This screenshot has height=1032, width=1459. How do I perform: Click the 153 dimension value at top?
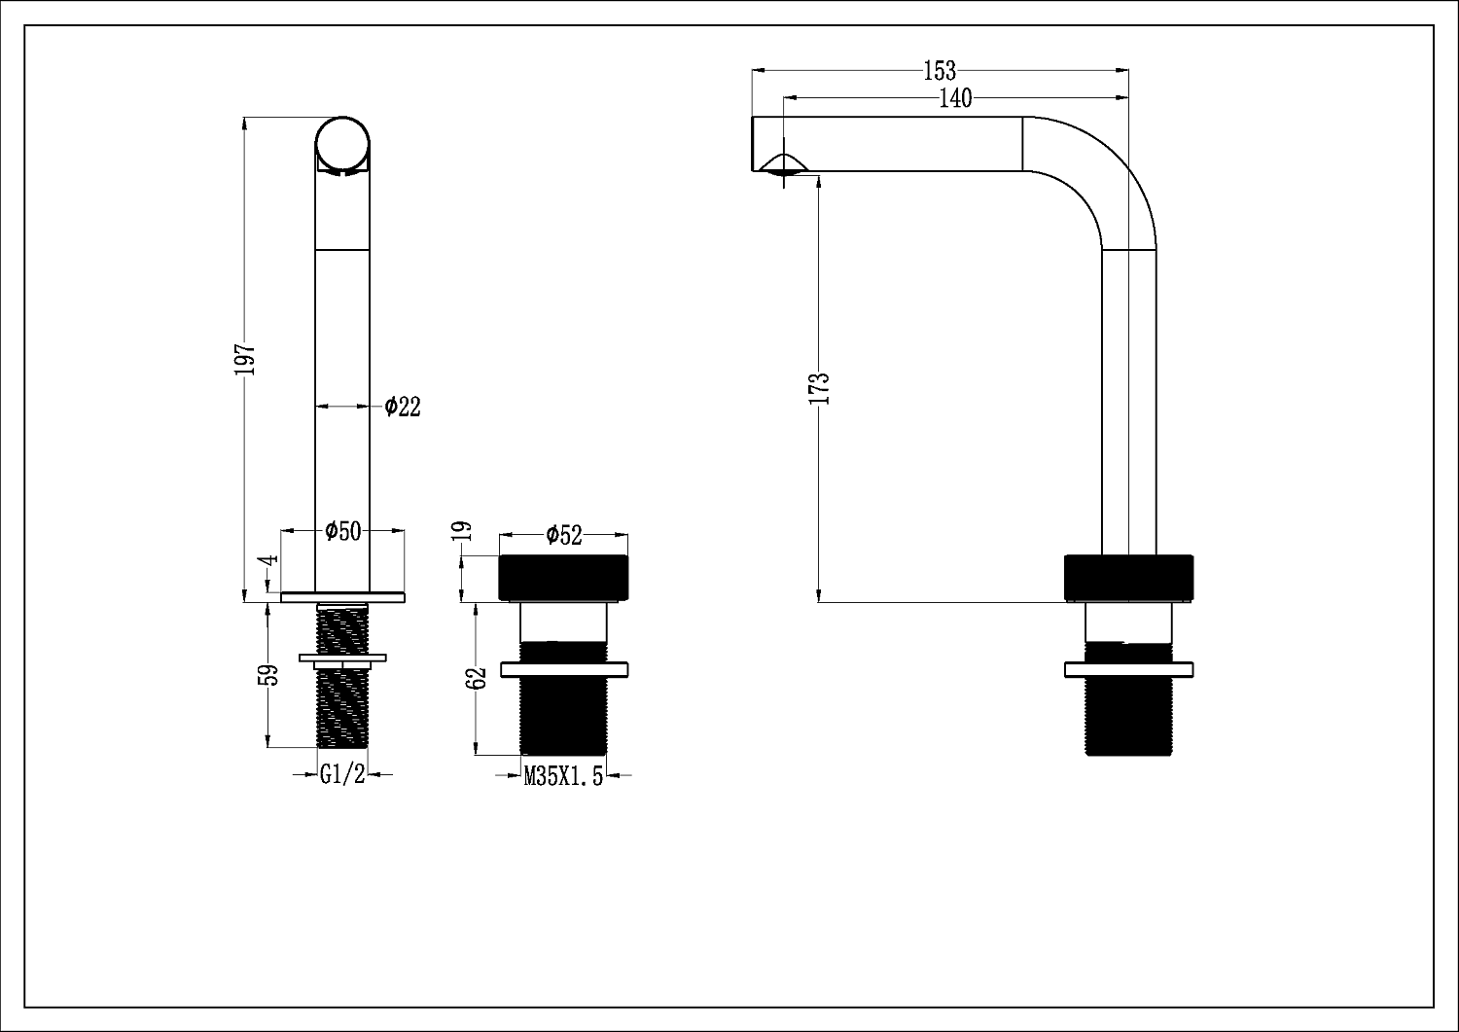(940, 71)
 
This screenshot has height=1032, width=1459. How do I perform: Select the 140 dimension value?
(955, 98)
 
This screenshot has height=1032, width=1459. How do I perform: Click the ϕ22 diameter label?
(402, 407)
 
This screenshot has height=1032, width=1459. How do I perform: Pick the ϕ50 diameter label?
(342, 530)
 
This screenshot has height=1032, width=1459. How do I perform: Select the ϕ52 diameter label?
(563, 534)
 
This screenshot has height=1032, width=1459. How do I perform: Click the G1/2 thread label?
(342, 775)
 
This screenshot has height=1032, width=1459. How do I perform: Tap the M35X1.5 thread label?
(563, 776)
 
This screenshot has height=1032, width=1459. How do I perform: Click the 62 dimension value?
(476, 678)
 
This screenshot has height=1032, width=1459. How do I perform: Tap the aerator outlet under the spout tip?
(785, 170)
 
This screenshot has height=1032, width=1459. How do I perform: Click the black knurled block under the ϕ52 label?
(563, 578)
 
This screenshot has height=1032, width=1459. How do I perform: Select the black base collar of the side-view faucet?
(1128, 578)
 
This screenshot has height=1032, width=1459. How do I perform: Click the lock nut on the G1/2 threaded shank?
(342, 659)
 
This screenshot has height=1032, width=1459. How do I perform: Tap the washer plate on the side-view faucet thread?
(1128, 669)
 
